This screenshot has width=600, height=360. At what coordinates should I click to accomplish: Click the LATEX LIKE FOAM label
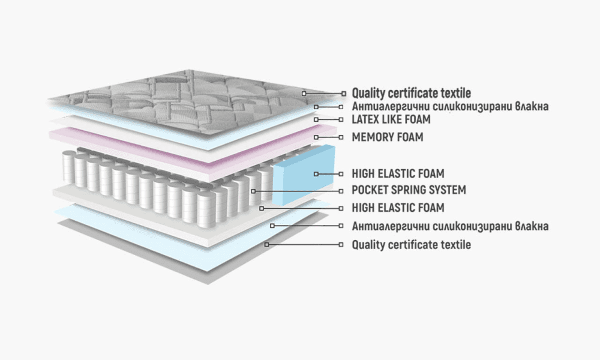click(391, 119)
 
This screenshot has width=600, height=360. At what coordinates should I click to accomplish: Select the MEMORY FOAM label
click(387, 137)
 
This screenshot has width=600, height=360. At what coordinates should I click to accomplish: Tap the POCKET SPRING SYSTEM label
click(409, 190)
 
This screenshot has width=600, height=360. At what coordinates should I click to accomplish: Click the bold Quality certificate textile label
click(411, 93)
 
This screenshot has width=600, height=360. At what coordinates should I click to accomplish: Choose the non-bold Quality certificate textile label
click(411, 245)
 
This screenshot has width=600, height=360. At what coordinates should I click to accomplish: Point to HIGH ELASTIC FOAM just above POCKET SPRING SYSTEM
click(398, 174)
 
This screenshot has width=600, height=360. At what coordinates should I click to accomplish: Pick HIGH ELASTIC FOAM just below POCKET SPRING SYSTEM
click(398, 208)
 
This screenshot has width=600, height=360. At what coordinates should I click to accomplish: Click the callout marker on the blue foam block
click(316, 174)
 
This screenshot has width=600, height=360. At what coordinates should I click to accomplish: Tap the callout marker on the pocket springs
click(253, 191)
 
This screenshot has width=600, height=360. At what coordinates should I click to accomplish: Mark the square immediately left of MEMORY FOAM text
click(343, 137)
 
